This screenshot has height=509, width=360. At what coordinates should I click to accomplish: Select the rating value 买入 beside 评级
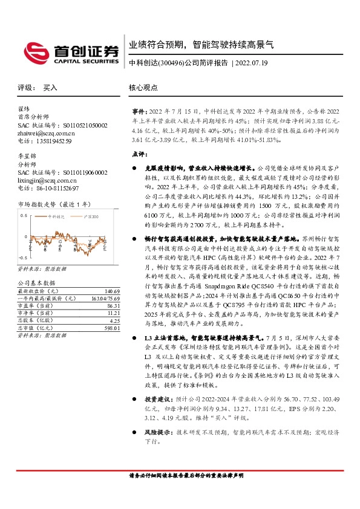click(x=50, y=88)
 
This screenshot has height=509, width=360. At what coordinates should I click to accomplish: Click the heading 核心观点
click(x=143, y=88)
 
